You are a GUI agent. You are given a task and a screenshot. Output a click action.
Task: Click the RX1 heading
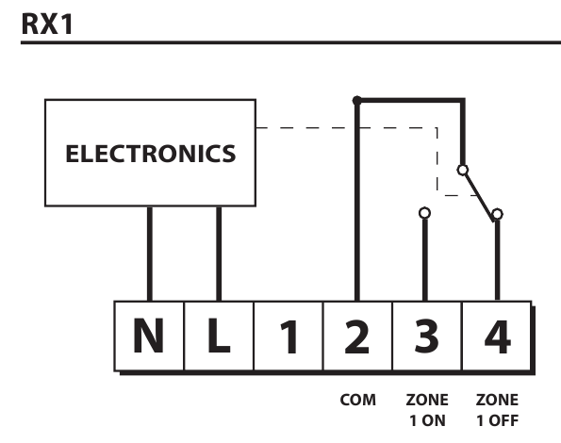47,24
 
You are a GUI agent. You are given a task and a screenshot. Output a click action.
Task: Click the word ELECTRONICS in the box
151,154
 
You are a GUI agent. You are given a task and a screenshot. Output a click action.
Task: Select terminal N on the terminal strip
149,336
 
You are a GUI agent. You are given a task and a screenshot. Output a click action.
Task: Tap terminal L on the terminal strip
219,336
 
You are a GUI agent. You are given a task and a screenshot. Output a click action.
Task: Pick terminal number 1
289,336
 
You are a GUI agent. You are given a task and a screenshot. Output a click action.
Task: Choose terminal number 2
357,336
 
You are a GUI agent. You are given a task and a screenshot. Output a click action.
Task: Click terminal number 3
427,336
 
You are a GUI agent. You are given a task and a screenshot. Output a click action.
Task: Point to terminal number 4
497,336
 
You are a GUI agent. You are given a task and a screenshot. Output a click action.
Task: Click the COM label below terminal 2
357,400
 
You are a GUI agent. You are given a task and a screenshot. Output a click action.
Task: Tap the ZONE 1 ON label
427,410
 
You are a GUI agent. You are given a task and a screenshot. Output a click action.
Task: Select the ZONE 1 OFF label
497,410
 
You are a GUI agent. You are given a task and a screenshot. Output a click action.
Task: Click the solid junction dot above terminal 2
357,101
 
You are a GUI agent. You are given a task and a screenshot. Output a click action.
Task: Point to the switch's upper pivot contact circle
463,170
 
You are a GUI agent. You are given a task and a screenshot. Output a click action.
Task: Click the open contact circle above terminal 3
424,213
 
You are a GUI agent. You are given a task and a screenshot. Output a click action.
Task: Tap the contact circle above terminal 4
497,214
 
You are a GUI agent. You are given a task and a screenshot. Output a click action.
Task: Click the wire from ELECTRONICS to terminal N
150,254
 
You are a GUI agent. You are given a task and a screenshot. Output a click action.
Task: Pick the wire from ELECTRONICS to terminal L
219,254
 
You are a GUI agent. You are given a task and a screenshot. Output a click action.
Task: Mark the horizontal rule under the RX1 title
291,42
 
